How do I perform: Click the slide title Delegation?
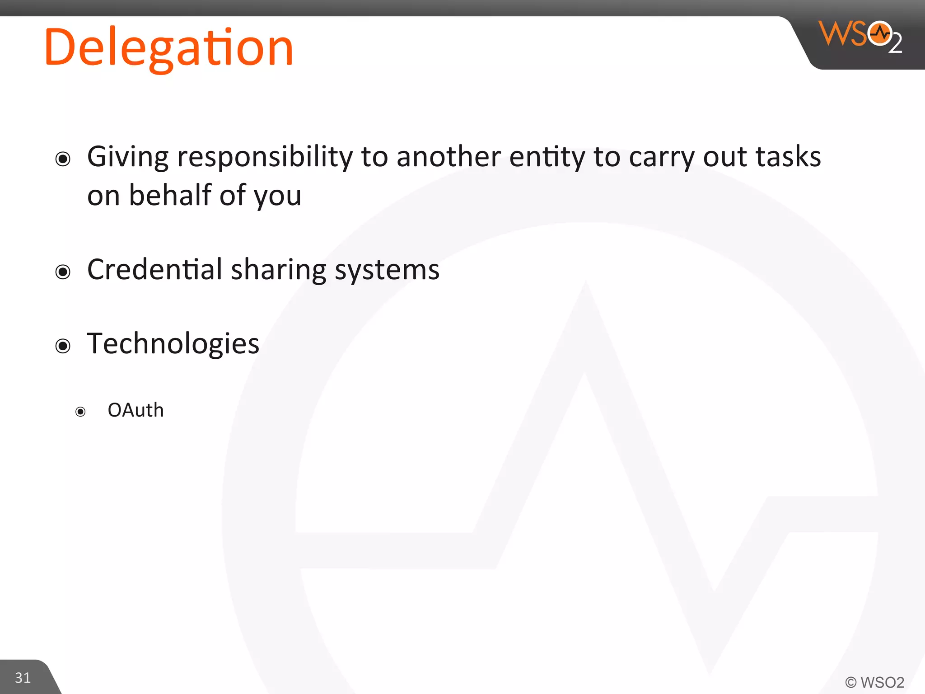point(169,47)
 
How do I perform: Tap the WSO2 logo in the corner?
point(860,36)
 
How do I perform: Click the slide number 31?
point(23,677)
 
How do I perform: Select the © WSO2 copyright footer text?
point(874,682)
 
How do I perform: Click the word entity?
point(547,157)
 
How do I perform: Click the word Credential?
point(154,270)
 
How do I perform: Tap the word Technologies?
point(173,344)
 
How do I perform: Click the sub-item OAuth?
point(135,410)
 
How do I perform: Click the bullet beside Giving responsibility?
point(63,159)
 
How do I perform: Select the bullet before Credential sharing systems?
point(63,272)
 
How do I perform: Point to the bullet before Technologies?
point(63,346)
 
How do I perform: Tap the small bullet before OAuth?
point(80,412)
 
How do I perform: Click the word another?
point(448,157)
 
